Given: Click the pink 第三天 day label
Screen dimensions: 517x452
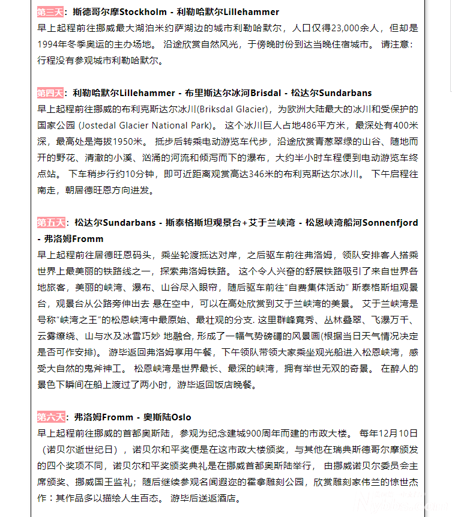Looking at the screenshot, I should click(50, 12).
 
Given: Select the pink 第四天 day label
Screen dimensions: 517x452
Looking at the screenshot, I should click(50, 93).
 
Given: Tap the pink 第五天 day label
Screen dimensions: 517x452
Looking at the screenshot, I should click(50, 223).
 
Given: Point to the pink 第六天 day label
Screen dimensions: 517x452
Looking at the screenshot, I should click(50, 417).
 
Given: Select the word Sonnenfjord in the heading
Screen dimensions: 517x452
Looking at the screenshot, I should click(390, 223).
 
